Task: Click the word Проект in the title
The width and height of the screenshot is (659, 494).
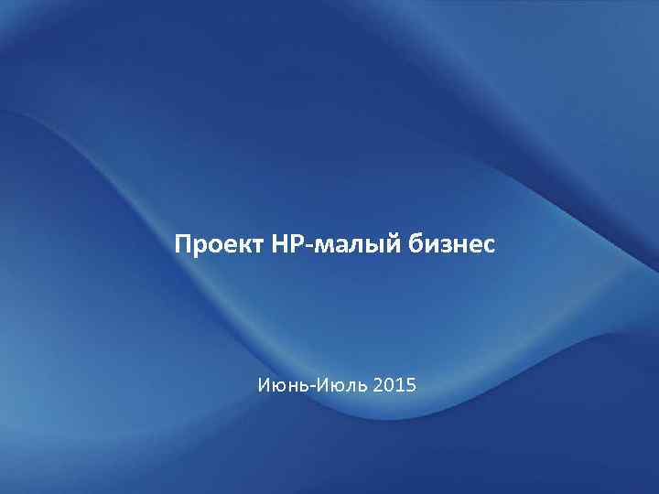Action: [219, 245]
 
